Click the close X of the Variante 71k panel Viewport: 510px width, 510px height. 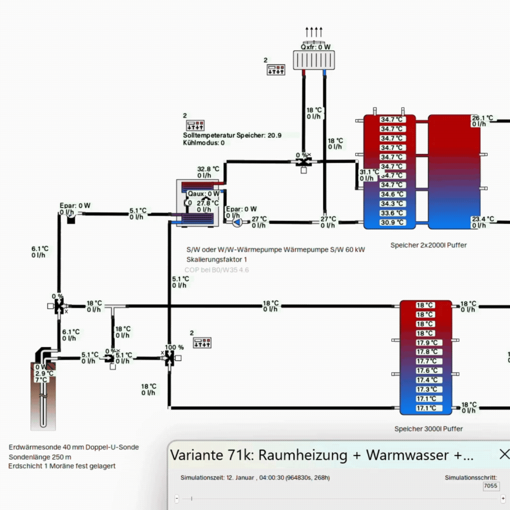pos(504,454)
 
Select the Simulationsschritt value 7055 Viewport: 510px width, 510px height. pos(491,485)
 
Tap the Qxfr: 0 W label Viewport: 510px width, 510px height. pos(315,47)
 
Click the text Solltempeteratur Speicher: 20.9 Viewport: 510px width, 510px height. pos(232,135)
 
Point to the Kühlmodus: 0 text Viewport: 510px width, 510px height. pos(204,143)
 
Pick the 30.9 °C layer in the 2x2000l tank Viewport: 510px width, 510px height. pos(392,222)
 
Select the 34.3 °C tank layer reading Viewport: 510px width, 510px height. pos(392,204)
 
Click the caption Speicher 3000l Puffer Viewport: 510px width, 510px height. pos(428,429)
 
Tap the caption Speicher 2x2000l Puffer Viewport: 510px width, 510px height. pos(428,245)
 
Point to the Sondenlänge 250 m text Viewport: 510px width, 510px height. pos(40,457)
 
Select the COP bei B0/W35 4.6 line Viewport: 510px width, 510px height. pos(216,270)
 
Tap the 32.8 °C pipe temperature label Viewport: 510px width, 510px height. pos(208,169)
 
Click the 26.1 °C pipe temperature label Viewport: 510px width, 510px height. pos(482,118)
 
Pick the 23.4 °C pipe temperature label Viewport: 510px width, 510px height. pos(482,219)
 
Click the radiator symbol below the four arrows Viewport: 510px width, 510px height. pos(314,60)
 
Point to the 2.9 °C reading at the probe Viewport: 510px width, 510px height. pos(41,373)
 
